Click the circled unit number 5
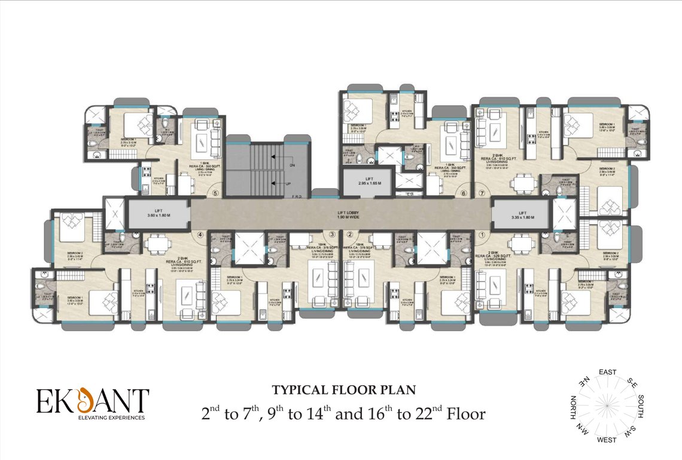pyautogui.click(x=216, y=193)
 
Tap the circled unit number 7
pyautogui.click(x=482, y=193)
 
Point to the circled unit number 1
pyautogui.click(x=482, y=234)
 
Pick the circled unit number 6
pyautogui.click(x=463, y=193)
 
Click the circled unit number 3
pyautogui.click(x=331, y=234)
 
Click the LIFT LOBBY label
pyautogui.click(x=340, y=214)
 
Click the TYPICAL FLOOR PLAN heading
pyautogui.click(x=343, y=391)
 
